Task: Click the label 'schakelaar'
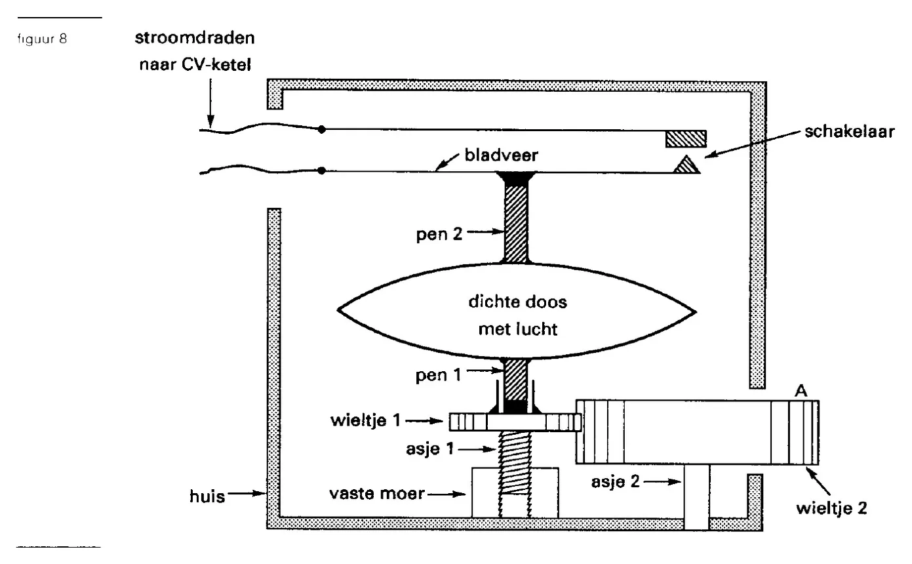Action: pos(849,132)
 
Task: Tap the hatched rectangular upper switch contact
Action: pos(686,139)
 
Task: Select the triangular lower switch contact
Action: pos(687,165)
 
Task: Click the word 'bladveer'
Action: pos(501,155)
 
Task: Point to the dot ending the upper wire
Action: pos(322,129)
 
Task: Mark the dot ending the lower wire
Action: pos(321,171)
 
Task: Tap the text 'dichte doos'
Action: pos(517,302)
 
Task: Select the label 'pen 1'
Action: pos(438,375)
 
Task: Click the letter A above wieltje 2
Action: pos(801,391)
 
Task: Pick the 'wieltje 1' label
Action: pos(366,420)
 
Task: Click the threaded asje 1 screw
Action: pos(515,464)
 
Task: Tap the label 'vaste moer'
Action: pos(376,494)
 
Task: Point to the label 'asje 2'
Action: pos(615,482)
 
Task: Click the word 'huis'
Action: pos(207,497)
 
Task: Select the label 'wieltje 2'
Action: pos(831,508)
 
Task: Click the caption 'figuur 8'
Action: pos(42,39)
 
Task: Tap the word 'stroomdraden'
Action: pos(195,38)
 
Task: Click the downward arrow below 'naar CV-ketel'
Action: pos(210,103)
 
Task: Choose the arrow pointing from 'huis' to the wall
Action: pos(247,494)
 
